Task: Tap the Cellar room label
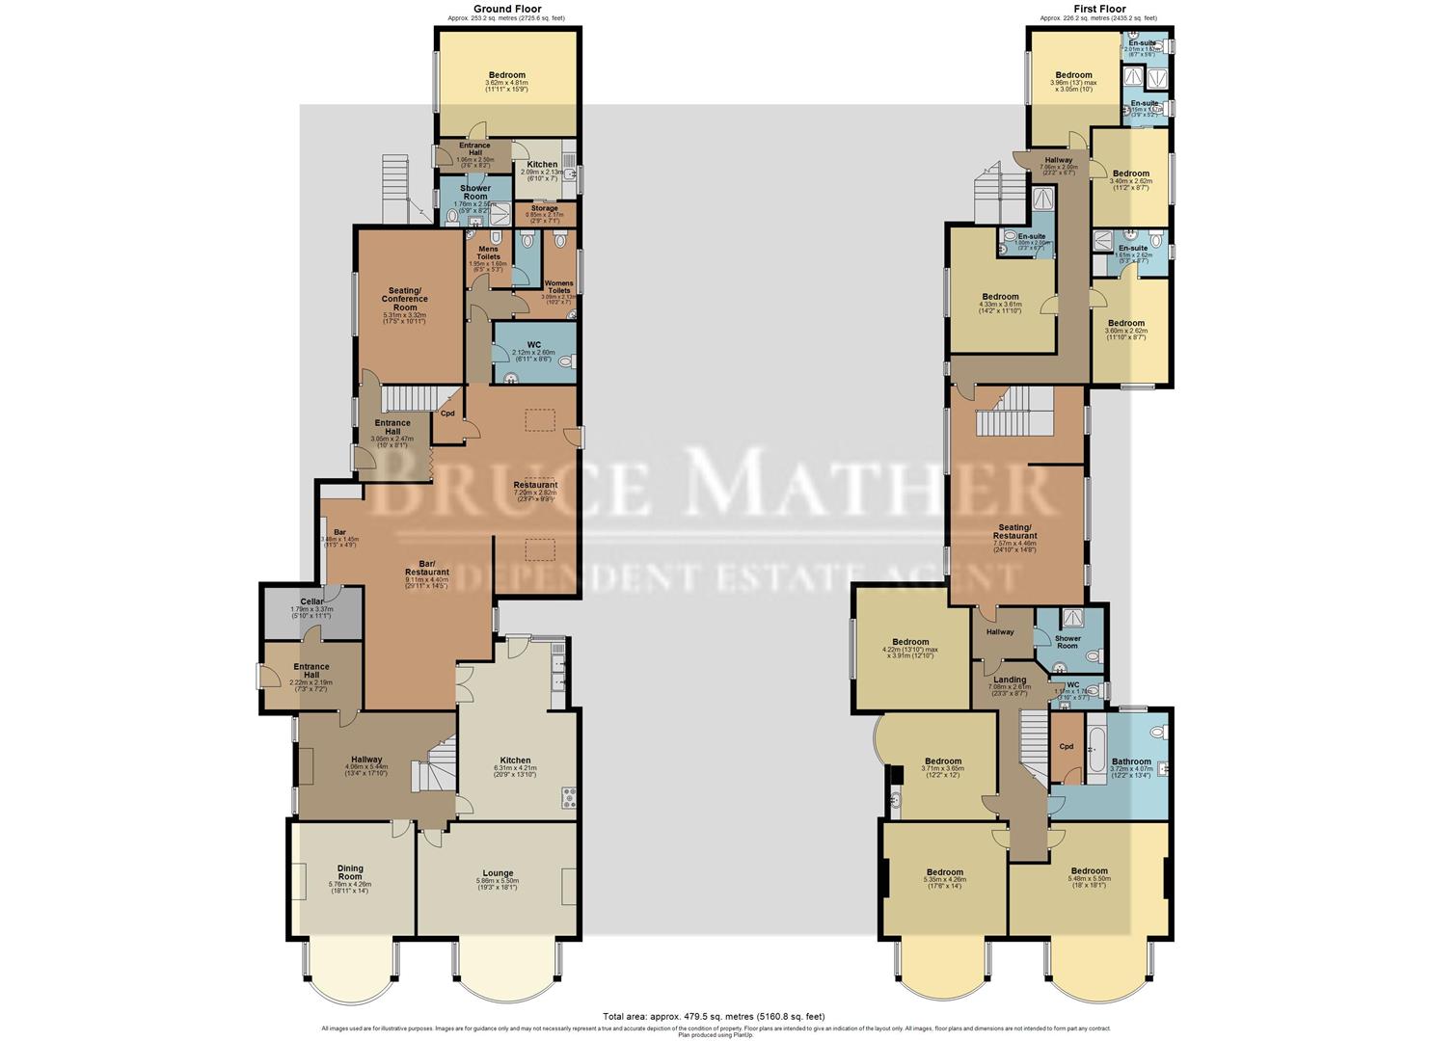[x=311, y=601]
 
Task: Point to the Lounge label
[x=498, y=873]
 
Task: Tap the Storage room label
[x=544, y=208]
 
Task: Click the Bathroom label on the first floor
[x=1131, y=761]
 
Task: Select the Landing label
[x=1010, y=680]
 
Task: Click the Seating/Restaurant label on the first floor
[x=1016, y=531]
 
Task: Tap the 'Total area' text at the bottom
[x=714, y=1016]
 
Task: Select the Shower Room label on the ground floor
[x=475, y=192]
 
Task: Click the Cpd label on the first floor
[x=1066, y=746]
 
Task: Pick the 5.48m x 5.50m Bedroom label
[x=1089, y=870]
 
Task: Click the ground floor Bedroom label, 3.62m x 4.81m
[x=506, y=75]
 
